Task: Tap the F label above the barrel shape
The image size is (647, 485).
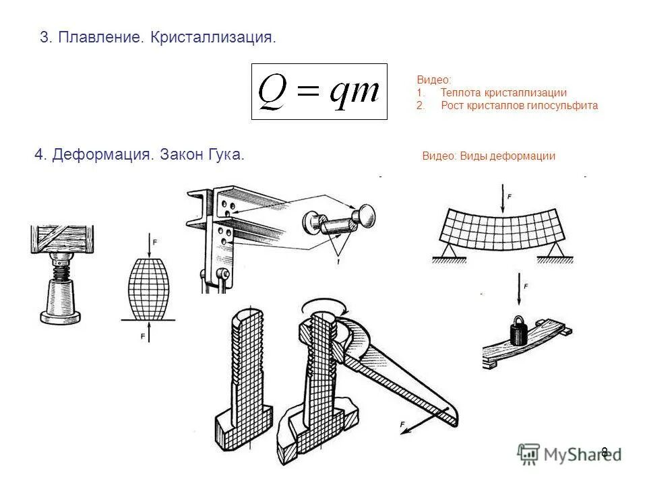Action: pos(155,241)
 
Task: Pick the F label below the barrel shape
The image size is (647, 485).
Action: pos(143,335)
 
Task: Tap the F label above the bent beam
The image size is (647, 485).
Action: pos(510,196)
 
